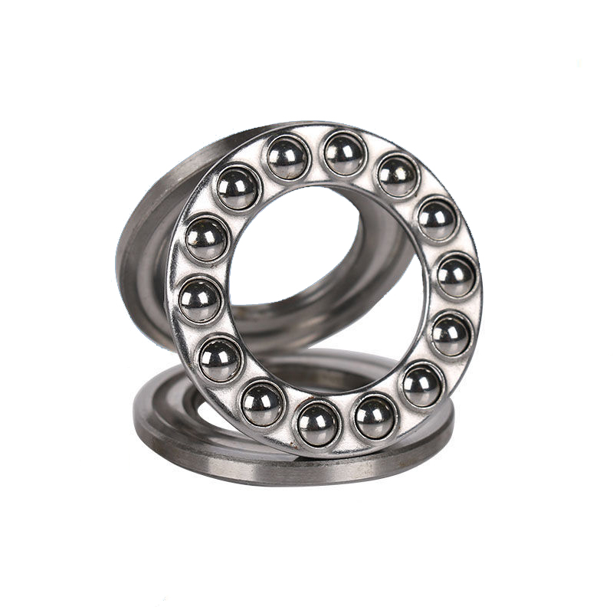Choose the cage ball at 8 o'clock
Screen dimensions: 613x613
pos(221,359)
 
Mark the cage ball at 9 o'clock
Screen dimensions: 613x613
pos(202,300)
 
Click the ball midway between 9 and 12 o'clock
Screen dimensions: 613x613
pos(238,188)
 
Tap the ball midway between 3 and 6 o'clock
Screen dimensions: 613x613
pos(422,384)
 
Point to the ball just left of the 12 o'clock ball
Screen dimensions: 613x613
pos(287,158)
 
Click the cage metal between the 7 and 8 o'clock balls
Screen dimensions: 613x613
pos(240,383)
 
